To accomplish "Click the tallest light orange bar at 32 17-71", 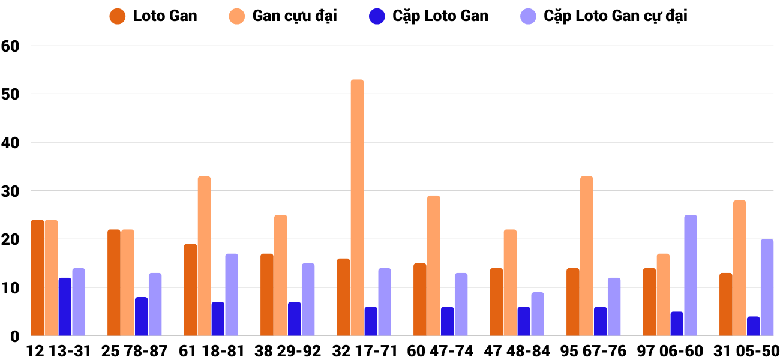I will click(x=357, y=208).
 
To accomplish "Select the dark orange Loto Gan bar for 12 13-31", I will click(x=38, y=278).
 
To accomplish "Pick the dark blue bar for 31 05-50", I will click(x=753, y=326).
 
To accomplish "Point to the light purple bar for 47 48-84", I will click(x=538, y=314).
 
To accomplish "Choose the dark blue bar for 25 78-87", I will click(x=141, y=316).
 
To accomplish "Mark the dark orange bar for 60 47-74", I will click(x=420, y=299).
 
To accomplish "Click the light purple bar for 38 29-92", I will click(x=308, y=299).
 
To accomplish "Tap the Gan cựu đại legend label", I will click(x=295, y=16).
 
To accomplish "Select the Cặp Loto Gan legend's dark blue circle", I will click(x=377, y=16).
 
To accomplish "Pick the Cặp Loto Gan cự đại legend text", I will click(x=616, y=16).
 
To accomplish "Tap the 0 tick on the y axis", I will click(x=15, y=336).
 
